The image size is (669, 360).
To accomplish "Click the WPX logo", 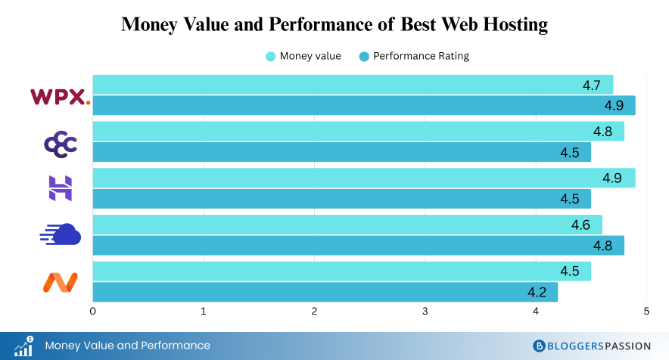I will [60, 97].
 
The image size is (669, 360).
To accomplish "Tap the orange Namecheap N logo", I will [60, 283].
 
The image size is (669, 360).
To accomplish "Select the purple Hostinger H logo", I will [61, 188].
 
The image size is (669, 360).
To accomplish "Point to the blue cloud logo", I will [60, 235].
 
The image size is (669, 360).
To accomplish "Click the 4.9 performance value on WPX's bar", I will [613, 105].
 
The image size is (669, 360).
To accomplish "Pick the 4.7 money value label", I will [591, 85].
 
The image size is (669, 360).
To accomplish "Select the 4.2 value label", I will [536, 292].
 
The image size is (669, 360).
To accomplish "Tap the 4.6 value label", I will [580, 225].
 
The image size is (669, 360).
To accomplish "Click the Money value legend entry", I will [303, 56].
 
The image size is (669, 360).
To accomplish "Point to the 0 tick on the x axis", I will [93, 312].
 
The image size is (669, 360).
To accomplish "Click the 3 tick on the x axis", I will [425, 312].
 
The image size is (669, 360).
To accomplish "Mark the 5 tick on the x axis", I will [646, 312].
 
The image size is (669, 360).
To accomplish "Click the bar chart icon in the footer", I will [23, 346].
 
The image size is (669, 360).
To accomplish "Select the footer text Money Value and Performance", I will [127, 346].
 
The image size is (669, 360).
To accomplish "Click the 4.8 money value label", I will [602, 132].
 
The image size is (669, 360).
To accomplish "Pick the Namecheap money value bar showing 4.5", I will [341, 272].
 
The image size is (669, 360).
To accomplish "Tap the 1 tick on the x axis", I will [204, 312].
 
